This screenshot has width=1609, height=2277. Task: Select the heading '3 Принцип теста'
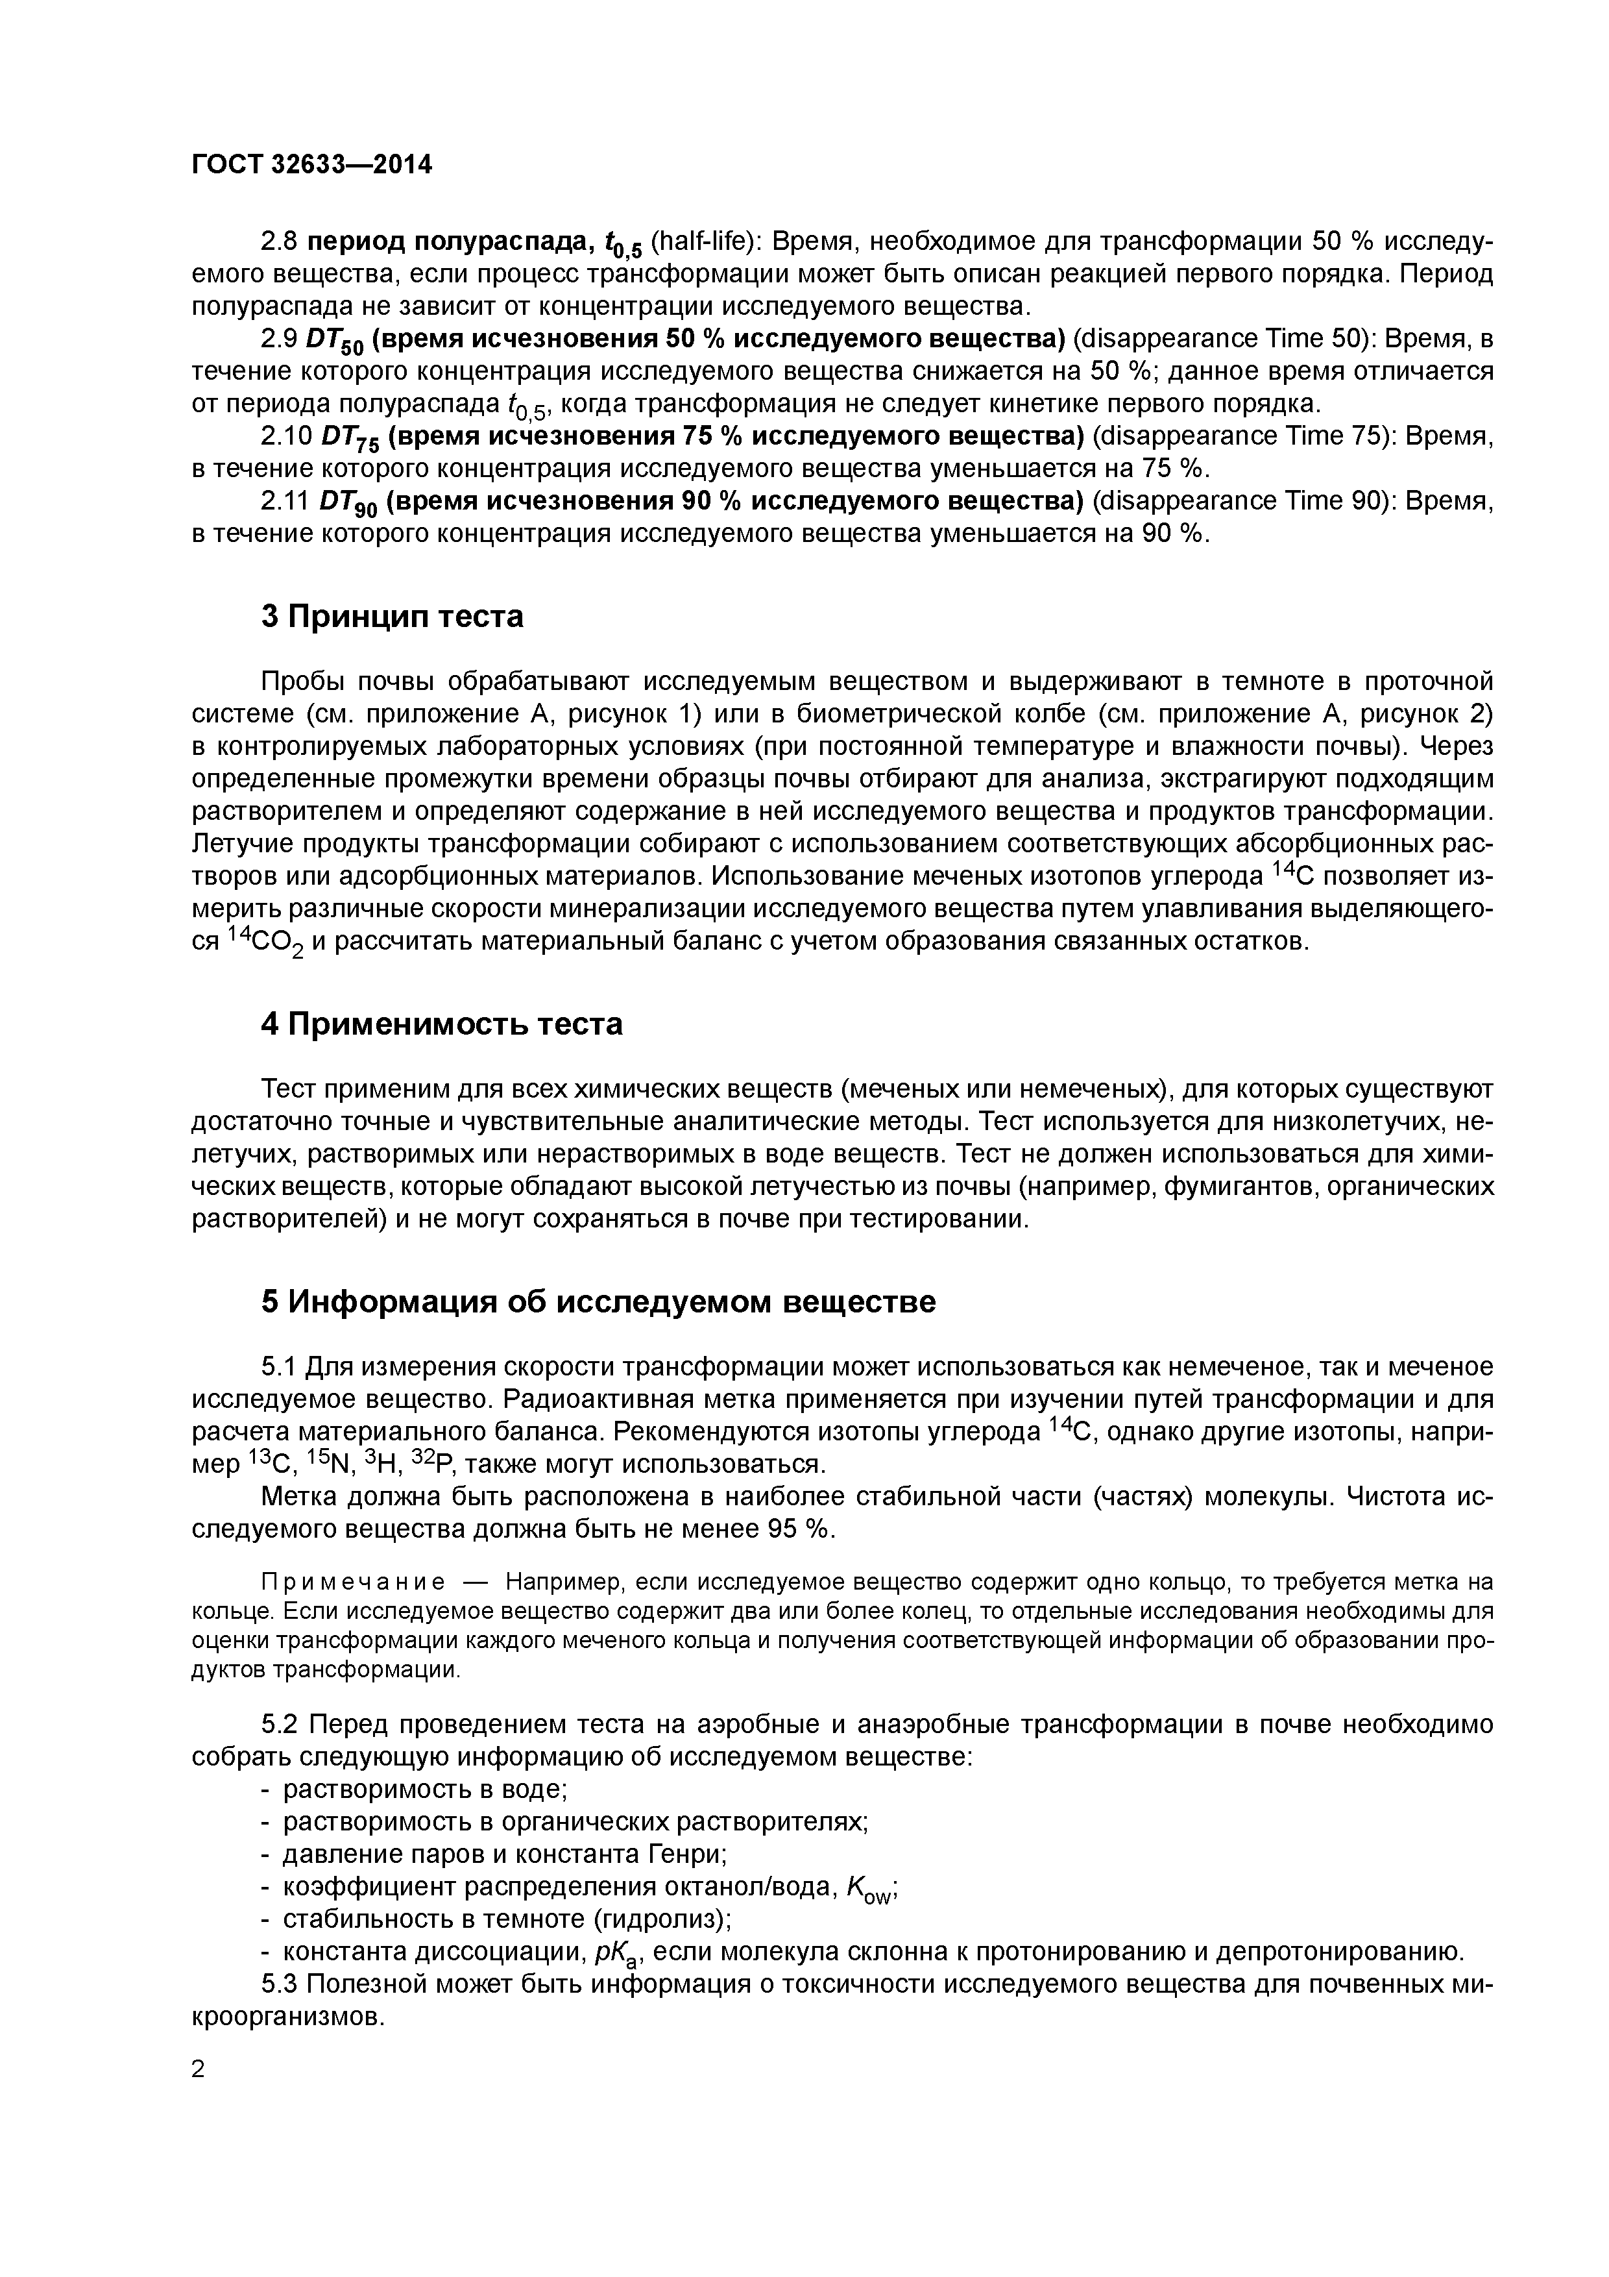(x=392, y=617)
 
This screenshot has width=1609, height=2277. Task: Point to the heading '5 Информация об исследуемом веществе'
(x=598, y=1301)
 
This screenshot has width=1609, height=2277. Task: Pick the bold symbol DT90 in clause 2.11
(x=349, y=504)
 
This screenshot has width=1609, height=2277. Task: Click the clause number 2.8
(x=278, y=242)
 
